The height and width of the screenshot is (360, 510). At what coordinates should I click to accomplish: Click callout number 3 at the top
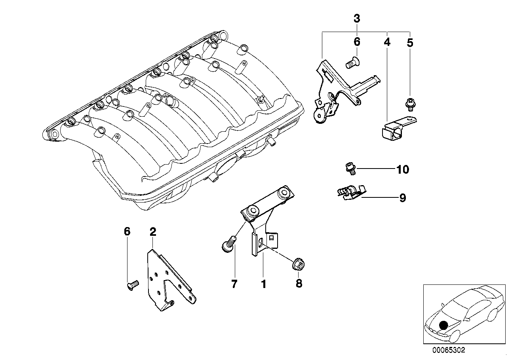coord(357,19)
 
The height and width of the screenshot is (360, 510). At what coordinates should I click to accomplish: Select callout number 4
coord(387,42)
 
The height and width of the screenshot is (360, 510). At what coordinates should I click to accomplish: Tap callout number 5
coord(410,42)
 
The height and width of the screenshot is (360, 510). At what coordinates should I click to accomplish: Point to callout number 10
coord(403,169)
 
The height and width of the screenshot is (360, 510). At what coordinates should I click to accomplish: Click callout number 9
coord(403,198)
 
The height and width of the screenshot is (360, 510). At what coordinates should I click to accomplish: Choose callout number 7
coord(234,284)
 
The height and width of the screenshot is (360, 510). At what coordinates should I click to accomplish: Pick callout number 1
coord(264,284)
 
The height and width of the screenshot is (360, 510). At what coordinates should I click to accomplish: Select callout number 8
coord(299,284)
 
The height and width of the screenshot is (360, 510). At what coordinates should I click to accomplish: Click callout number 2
coord(153,232)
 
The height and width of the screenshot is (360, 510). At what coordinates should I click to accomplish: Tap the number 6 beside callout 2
coord(127,231)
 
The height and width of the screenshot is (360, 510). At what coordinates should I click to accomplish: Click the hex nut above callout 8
coord(298,265)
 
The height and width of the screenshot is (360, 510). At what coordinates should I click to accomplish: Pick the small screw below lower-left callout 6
coord(132,285)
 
